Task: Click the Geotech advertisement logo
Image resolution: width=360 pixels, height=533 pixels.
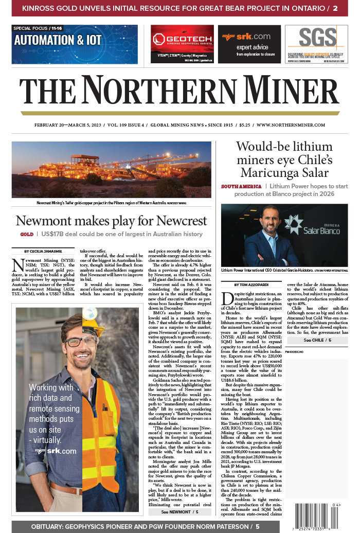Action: tap(182, 39)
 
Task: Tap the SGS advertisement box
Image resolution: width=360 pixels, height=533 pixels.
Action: tap(316, 44)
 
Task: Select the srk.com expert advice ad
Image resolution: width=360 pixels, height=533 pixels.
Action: tap(249, 44)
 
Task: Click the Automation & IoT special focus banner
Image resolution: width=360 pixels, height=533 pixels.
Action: tap(75, 44)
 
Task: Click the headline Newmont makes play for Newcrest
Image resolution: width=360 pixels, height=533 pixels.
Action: tap(111, 221)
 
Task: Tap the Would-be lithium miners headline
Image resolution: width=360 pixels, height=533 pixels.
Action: tap(284, 159)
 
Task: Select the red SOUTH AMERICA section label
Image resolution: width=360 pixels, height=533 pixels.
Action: tap(241, 186)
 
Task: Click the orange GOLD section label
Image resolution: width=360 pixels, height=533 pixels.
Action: tap(27, 234)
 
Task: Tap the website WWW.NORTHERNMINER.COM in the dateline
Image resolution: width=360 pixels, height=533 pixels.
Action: tap(290, 125)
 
